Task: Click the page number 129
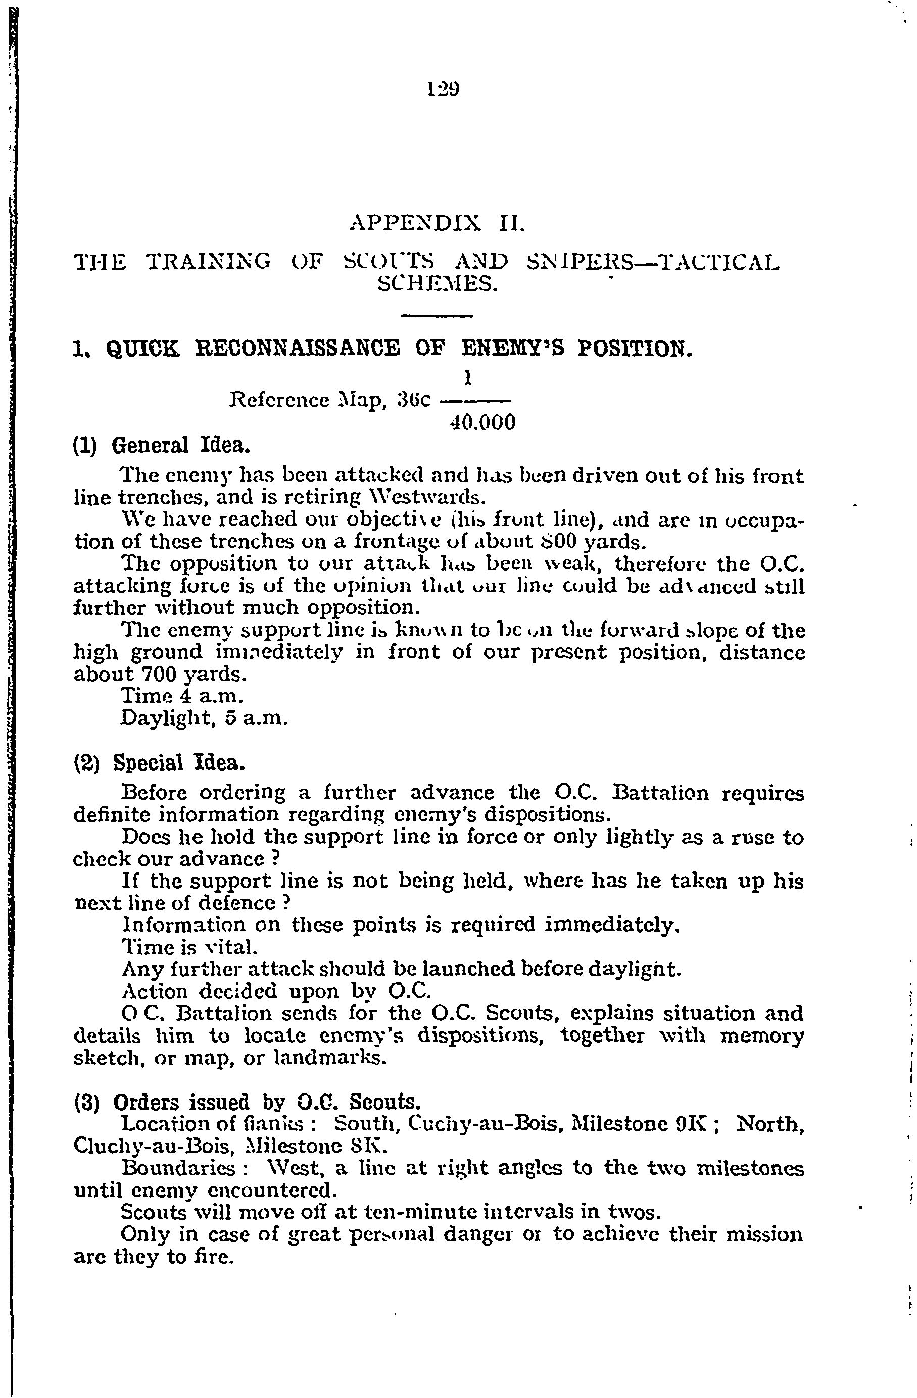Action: point(443,89)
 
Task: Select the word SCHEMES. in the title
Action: point(437,285)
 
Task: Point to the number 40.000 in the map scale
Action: point(482,423)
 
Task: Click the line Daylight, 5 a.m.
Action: point(204,718)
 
